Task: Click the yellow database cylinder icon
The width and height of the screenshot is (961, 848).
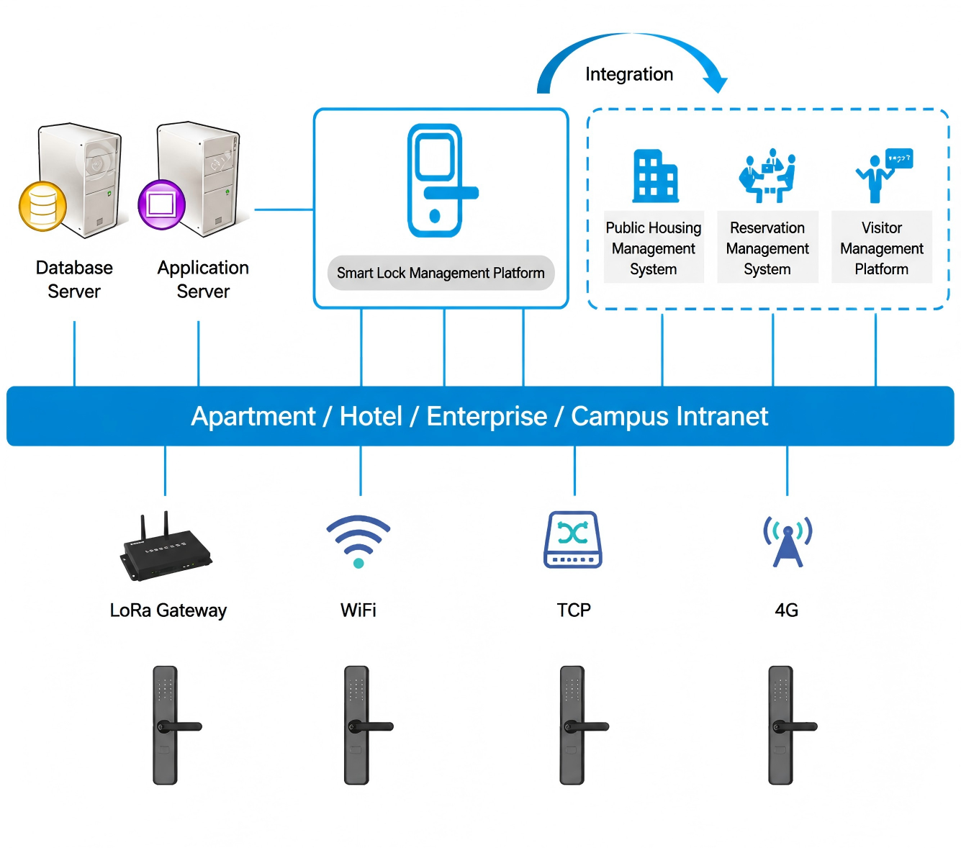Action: click(x=42, y=207)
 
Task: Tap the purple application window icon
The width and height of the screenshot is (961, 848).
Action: click(x=161, y=204)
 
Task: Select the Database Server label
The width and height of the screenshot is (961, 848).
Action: click(x=74, y=279)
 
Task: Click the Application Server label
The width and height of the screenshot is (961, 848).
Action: click(x=203, y=279)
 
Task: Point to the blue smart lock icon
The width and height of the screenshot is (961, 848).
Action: click(x=441, y=180)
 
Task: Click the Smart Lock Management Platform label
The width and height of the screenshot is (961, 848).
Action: click(x=441, y=273)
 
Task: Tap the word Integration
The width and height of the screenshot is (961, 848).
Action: click(x=629, y=74)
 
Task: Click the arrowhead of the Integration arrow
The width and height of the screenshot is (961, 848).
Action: click(x=716, y=84)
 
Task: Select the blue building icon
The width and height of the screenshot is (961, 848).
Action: click(x=656, y=176)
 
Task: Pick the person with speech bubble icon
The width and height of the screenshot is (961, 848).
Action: click(x=884, y=175)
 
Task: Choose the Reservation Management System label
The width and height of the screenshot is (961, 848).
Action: click(x=767, y=248)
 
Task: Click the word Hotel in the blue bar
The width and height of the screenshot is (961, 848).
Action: click(x=371, y=416)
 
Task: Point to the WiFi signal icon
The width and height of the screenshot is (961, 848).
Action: click(x=358, y=541)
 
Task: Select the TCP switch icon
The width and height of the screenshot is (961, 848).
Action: click(x=573, y=540)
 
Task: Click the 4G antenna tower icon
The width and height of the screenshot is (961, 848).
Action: click(x=788, y=541)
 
